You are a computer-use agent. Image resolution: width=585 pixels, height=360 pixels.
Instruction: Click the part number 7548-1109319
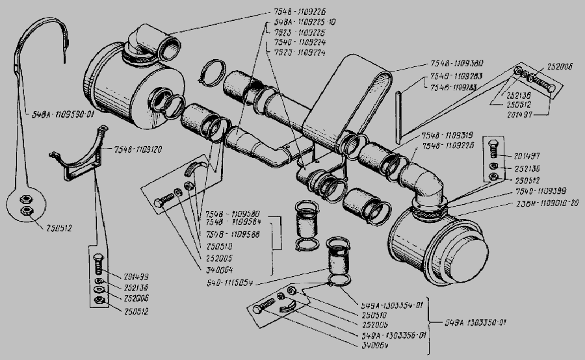tap(447, 135)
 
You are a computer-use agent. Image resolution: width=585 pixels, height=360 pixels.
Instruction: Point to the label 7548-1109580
tap(232, 214)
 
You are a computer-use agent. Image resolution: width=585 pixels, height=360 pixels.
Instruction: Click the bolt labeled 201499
tap(97, 265)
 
